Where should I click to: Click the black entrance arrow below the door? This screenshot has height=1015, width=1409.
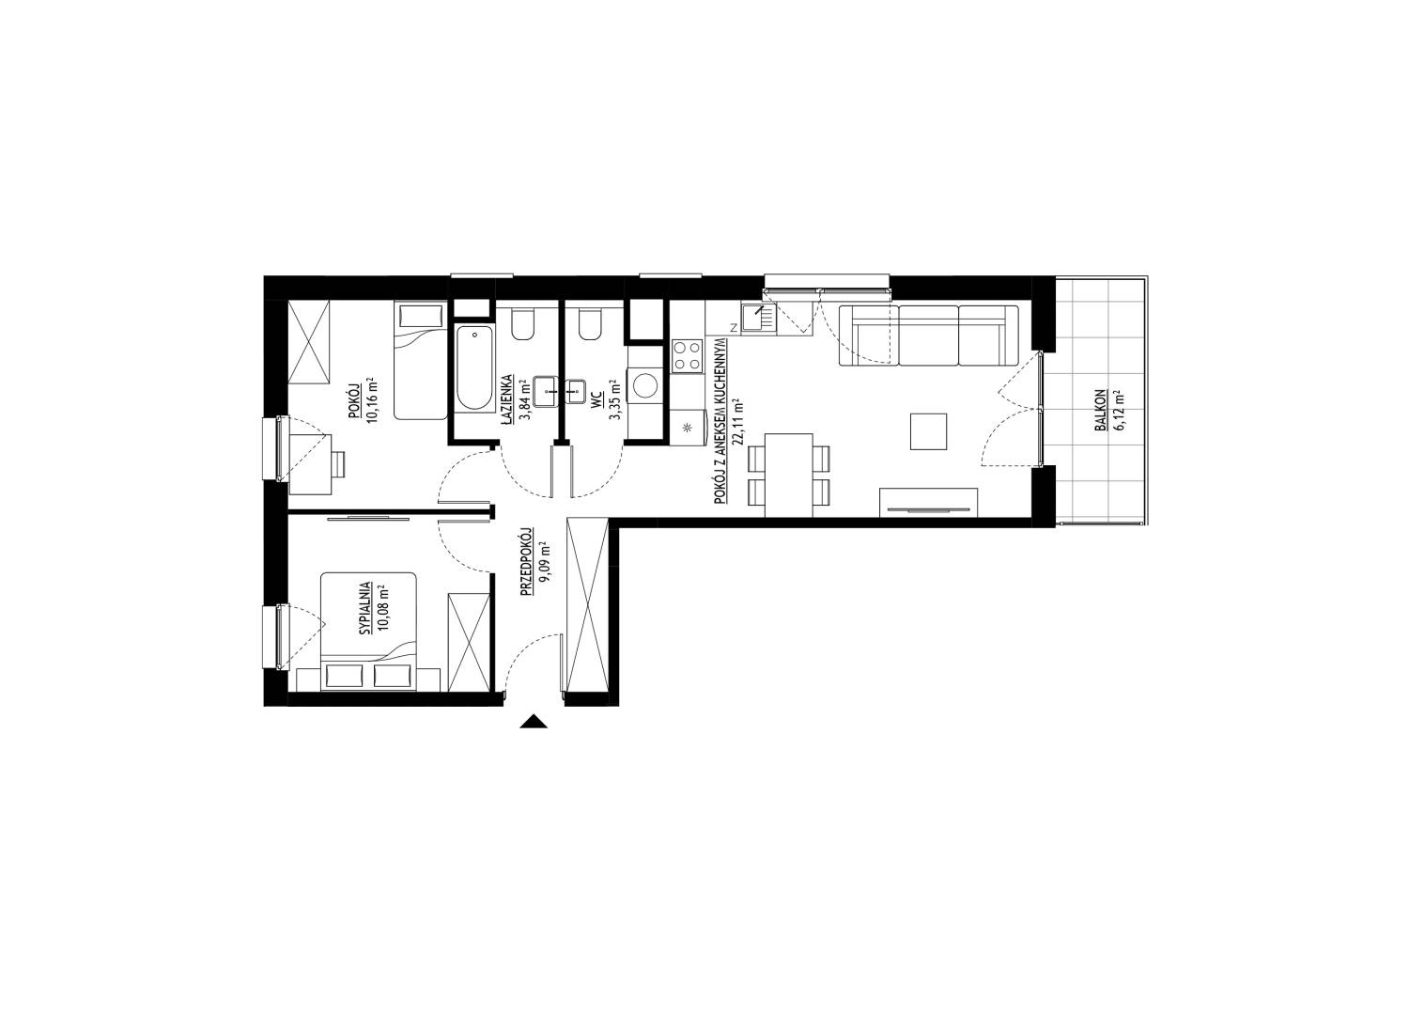[534, 721]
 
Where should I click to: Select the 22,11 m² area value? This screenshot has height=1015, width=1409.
[736, 422]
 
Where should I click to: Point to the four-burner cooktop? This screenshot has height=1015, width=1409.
[687, 355]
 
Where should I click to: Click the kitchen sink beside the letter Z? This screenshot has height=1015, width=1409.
[759, 319]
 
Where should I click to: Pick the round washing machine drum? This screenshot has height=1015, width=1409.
[645, 385]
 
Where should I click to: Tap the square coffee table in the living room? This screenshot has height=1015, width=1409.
[928, 431]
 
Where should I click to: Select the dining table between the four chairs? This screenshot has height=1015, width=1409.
[789, 476]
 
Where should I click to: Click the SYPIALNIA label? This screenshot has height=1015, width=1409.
[364, 608]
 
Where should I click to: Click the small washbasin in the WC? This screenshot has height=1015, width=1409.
[574, 391]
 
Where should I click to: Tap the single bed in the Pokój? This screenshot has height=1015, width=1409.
[421, 361]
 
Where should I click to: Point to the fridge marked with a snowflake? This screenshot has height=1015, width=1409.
[688, 427]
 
